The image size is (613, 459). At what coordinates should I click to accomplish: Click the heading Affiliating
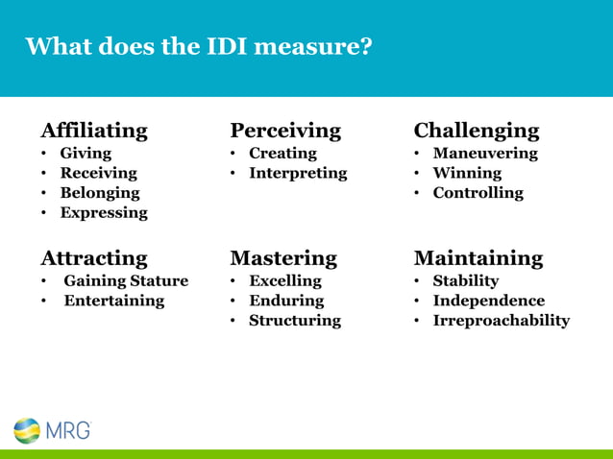pyautogui.click(x=94, y=131)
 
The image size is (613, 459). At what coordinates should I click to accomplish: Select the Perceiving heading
pyautogui.click(x=285, y=131)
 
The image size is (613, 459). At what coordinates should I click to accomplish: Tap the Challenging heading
pyautogui.click(x=477, y=131)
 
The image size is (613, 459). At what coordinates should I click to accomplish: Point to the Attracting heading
pyautogui.click(x=94, y=258)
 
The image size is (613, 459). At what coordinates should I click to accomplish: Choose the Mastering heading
pyautogui.click(x=283, y=258)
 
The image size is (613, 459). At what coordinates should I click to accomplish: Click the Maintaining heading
pyautogui.click(x=478, y=258)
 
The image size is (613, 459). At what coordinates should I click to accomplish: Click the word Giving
pyautogui.click(x=86, y=153)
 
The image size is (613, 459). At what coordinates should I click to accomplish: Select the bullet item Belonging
pyautogui.click(x=100, y=193)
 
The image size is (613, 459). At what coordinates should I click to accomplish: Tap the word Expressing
pyautogui.click(x=104, y=213)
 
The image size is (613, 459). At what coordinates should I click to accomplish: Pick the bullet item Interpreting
pyautogui.click(x=298, y=173)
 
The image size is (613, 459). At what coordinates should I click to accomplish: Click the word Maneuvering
pyautogui.click(x=485, y=153)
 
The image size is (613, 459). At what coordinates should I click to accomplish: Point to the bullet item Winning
pyautogui.click(x=467, y=173)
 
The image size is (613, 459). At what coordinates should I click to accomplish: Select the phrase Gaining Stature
pyautogui.click(x=126, y=281)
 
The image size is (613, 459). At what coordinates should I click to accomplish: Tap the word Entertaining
pyautogui.click(x=114, y=301)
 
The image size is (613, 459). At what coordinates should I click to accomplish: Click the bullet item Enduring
pyautogui.click(x=286, y=301)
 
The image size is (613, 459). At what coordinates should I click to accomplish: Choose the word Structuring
pyautogui.click(x=295, y=321)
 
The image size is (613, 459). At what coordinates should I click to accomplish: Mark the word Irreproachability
pyautogui.click(x=502, y=321)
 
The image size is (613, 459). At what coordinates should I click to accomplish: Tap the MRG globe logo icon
pyautogui.click(x=27, y=430)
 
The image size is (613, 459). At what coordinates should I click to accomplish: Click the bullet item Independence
pyautogui.click(x=489, y=301)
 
